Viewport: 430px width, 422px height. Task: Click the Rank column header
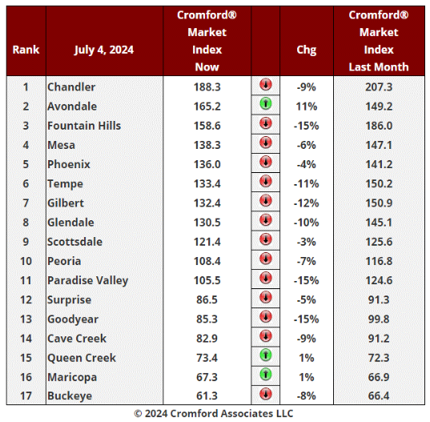26,50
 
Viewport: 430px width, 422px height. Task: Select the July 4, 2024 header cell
104,50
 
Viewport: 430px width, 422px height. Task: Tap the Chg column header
307,50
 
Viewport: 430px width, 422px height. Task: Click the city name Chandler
71,87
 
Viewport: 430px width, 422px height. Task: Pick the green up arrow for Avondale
266,104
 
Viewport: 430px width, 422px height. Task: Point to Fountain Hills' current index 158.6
207,126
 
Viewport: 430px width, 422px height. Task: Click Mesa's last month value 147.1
379,145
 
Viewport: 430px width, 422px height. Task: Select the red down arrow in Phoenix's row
266,162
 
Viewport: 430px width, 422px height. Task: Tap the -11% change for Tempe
307,183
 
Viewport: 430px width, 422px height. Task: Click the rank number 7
26,203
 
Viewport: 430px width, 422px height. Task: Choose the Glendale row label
70,223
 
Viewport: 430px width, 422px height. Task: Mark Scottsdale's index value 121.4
207,242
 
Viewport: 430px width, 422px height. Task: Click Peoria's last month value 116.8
379,261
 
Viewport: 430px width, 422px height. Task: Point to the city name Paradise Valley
88,281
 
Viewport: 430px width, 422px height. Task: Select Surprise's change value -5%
307,299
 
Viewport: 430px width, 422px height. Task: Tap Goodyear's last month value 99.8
379,320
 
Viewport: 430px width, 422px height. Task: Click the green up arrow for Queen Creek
266,356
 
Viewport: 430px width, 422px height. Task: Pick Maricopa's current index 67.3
207,377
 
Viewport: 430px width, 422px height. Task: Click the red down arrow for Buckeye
266,394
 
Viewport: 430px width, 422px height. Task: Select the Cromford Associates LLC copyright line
214,413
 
